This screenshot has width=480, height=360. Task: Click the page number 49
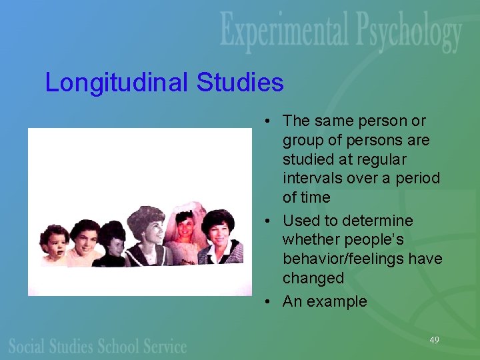point(434,340)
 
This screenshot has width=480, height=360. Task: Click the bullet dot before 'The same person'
point(266,121)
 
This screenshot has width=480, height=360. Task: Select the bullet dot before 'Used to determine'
point(266,221)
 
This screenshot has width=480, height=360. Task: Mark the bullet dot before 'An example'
point(266,301)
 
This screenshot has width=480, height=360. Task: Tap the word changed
point(313,278)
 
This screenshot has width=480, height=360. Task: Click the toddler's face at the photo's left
point(53,244)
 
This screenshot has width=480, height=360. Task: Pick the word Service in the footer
point(164,346)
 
